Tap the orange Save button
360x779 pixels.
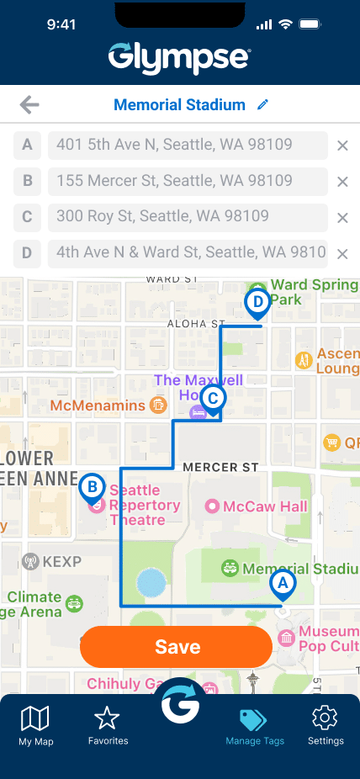pos(177,646)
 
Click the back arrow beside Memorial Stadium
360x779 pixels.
pos(29,105)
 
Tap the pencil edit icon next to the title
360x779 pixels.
pos(263,105)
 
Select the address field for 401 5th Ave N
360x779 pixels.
pos(188,145)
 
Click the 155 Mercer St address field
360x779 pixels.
pos(188,181)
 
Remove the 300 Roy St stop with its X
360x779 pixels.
pos(342,218)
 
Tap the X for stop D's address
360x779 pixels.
pos(342,254)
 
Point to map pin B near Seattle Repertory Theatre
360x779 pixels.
pos(92,488)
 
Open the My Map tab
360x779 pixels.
pos(35,726)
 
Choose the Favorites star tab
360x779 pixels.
pos(108,725)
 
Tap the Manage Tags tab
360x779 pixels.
pos(254,726)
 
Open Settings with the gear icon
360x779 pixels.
pos(325,725)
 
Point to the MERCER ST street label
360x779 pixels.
pos(220,467)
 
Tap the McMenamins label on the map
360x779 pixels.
pos(99,405)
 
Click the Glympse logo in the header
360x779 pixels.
pos(179,56)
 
